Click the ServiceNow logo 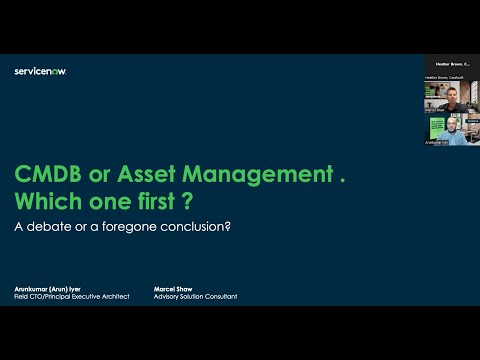41,71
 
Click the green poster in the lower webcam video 435,127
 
